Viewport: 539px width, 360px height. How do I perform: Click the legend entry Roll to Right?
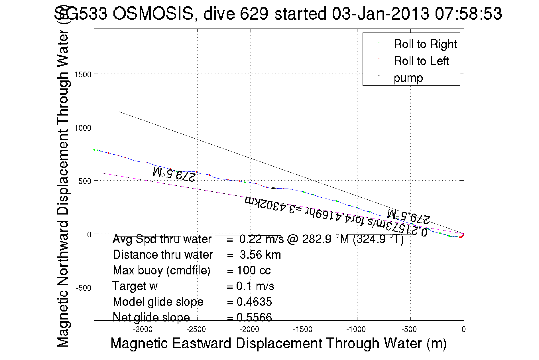[x=425, y=44]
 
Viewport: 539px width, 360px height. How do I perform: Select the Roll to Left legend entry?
[x=421, y=61]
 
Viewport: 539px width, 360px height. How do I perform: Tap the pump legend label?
[x=408, y=78]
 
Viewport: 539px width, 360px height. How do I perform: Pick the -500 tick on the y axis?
[x=84, y=288]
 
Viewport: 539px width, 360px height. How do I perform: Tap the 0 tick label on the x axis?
[x=464, y=330]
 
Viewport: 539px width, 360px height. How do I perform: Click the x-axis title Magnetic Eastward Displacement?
[x=278, y=343]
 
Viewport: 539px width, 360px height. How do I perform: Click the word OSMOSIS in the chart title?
[x=153, y=14]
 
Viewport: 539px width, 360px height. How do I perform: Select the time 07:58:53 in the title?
[x=468, y=14]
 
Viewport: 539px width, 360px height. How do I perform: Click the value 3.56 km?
[x=260, y=255]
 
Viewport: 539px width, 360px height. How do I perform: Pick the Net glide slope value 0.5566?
[x=254, y=317]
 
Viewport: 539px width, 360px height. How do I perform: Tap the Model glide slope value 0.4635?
[x=254, y=302]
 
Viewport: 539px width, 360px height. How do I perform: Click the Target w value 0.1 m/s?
[x=255, y=286]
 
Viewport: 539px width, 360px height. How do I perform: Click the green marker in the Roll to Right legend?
[x=379, y=42]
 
